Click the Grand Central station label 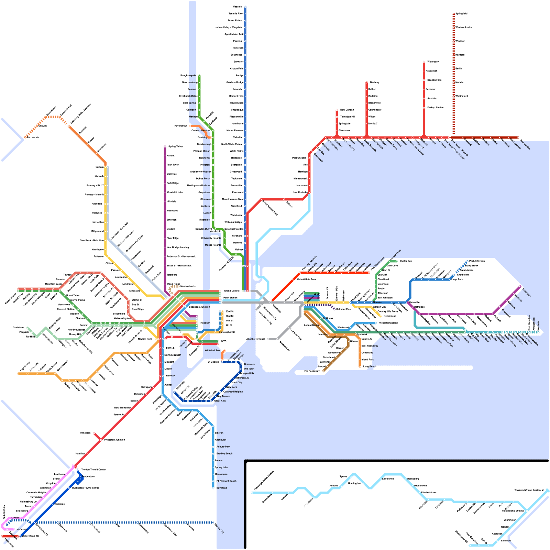(x=232, y=291)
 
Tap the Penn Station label (x=230, y=298)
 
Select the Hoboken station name (x=205, y=323)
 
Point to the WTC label (x=224, y=341)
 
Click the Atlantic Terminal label (x=255, y=339)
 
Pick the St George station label (x=213, y=362)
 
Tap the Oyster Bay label (x=406, y=261)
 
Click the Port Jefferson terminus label (x=477, y=261)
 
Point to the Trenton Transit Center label (x=93, y=470)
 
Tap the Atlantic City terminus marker (x=213, y=522)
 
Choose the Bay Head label (x=222, y=488)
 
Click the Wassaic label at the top (x=237, y=7)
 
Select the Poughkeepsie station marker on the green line (x=199, y=75)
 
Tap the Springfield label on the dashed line (x=461, y=13)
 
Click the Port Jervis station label (x=33, y=137)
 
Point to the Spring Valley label (x=176, y=146)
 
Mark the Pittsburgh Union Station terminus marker (x=252, y=493)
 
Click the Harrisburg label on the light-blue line (x=413, y=478)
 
